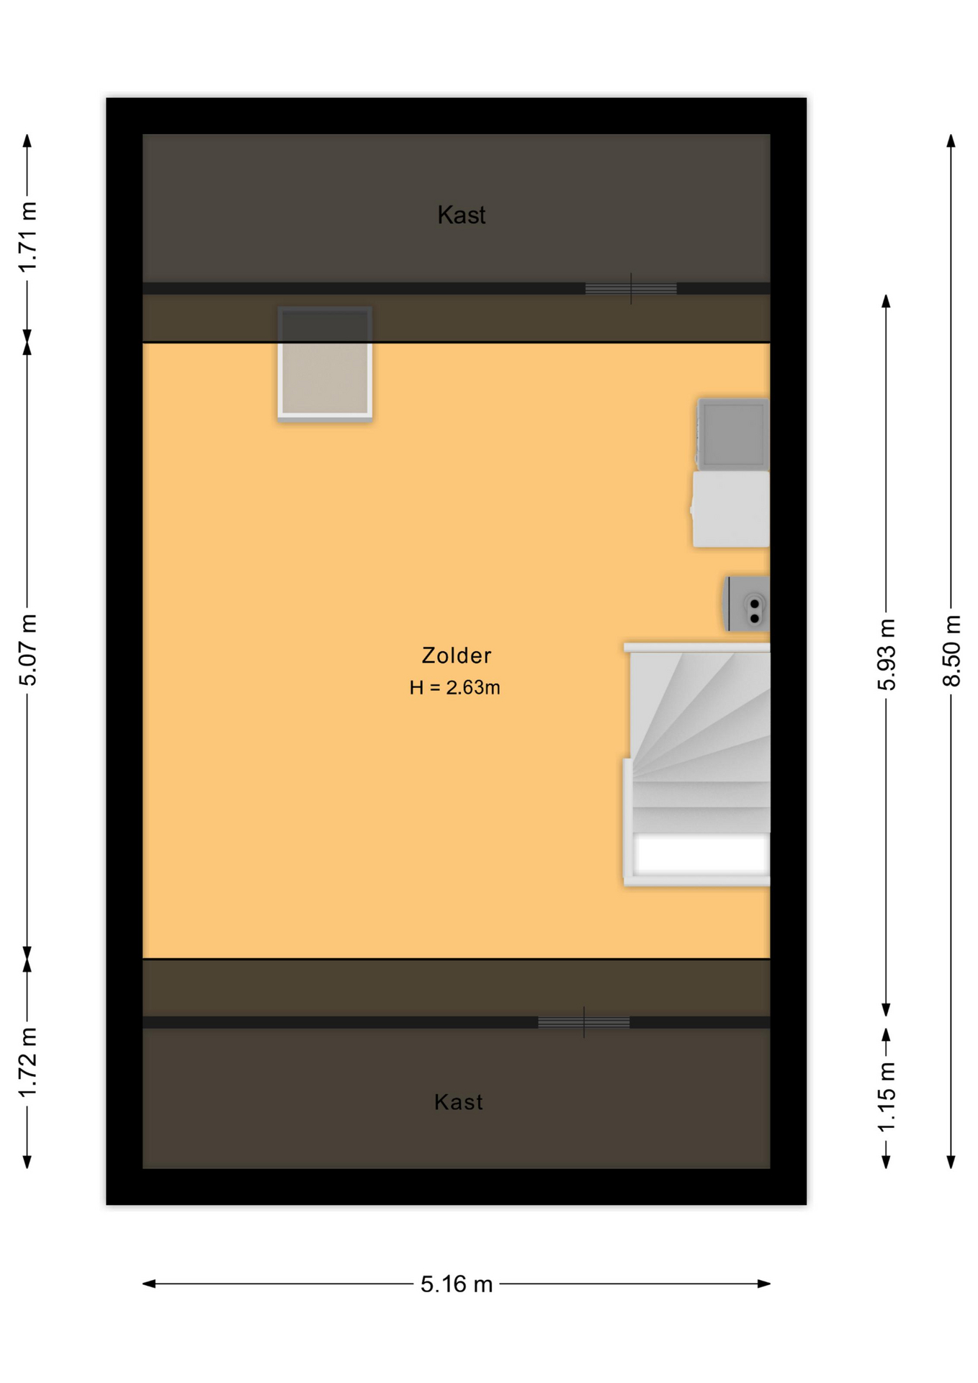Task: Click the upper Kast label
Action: pyautogui.click(x=462, y=215)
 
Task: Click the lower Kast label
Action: pyautogui.click(x=458, y=1102)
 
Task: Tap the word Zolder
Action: pyautogui.click(x=457, y=655)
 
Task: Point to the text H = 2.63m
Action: pyautogui.click(x=454, y=688)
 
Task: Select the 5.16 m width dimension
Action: pyautogui.click(x=457, y=1284)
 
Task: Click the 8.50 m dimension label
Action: pyautogui.click(x=951, y=650)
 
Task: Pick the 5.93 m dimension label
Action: pyautogui.click(x=887, y=654)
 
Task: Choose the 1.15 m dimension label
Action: pyautogui.click(x=887, y=1096)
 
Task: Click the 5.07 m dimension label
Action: pyautogui.click(x=27, y=650)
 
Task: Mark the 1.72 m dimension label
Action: pyautogui.click(x=27, y=1062)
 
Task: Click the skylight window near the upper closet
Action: pyautogui.click(x=325, y=364)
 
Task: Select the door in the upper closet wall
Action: pyautogui.click(x=631, y=289)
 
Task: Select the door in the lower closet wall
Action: pyautogui.click(x=583, y=1022)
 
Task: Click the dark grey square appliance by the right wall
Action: pyautogui.click(x=733, y=434)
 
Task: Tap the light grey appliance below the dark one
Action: pyautogui.click(x=731, y=509)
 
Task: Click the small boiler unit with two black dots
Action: pyautogui.click(x=747, y=604)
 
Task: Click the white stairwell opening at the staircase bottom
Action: pyautogui.click(x=700, y=854)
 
